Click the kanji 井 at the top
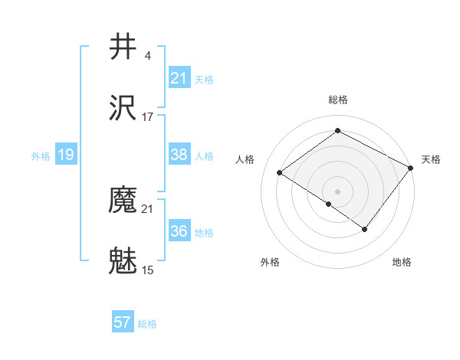[123, 47]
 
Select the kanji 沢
[123, 107]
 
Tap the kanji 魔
[123, 201]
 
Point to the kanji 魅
[123, 261]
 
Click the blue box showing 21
[179, 78]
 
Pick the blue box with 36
[179, 231]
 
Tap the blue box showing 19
[66, 155]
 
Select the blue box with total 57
[123, 322]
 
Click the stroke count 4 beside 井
[147, 55]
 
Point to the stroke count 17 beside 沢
[148, 116]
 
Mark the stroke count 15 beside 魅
[148, 270]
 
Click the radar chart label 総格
[337, 100]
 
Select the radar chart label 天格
[431, 159]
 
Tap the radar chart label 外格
[270, 262]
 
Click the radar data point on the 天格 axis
[411, 168]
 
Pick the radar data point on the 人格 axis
[280, 172]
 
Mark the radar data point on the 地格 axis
[365, 229]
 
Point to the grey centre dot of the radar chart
[337, 191]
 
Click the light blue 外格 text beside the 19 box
[41, 156]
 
